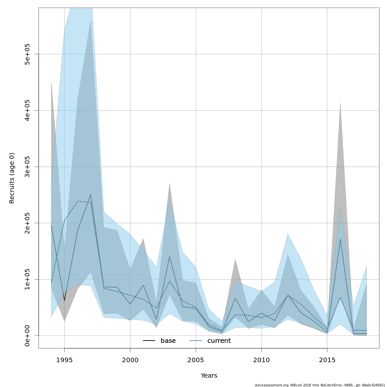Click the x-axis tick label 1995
coord(64,360)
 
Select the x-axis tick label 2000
coord(130,360)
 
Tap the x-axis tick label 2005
coord(196,360)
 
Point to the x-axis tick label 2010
coord(261,360)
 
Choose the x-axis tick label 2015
coord(327,360)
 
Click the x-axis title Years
coord(209,376)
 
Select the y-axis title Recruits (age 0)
coord(12,178)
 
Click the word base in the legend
coord(168,341)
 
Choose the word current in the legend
coord(219,341)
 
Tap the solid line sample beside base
coord(149,341)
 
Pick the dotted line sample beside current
coord(196,341)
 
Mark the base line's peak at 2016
coord(340,239)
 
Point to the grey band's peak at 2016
coord(340,103)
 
